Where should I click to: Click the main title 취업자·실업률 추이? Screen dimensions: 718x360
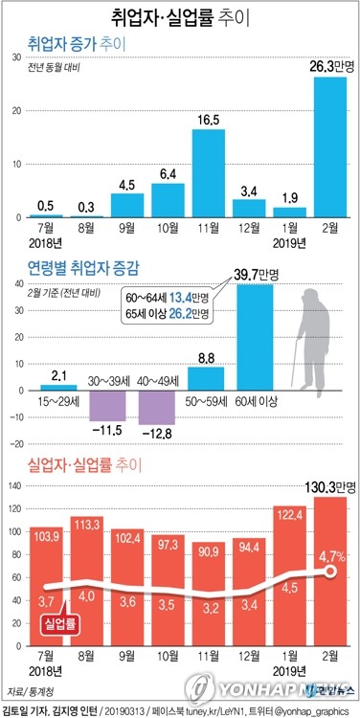click(x=179, y=17)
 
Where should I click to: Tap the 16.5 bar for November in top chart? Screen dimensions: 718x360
click(x=209, y=173)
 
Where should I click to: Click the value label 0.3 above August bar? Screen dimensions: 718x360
click(x=86, y=206)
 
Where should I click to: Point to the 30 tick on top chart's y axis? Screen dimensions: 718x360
click(x=16, y=58)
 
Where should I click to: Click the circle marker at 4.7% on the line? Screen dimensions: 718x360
click(x=331, y=571)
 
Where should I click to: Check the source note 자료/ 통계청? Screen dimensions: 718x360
click(x=29, y=689)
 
